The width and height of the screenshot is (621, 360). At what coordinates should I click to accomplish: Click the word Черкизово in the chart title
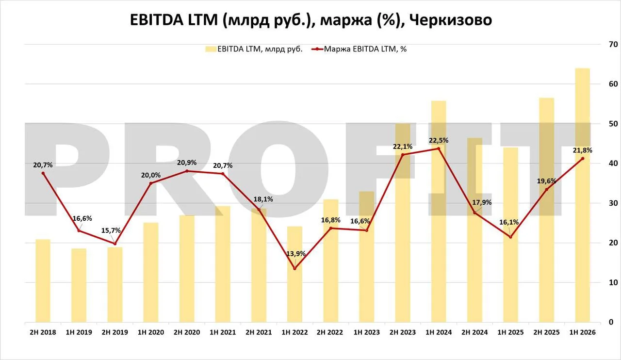(x=451, y=20)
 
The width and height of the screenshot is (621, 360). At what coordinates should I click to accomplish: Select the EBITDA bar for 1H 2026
(x=583, y=195)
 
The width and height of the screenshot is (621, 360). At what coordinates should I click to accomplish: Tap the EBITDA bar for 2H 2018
(x=43, y=281)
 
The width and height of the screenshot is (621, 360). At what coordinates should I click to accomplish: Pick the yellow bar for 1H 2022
(x=294, y=274)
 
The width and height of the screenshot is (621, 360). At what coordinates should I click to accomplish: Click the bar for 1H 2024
(x=439, y=212)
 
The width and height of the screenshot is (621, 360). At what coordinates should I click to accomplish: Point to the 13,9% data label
(x=296, y=254)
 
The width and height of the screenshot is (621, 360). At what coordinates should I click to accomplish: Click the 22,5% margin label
(x=439, y=141)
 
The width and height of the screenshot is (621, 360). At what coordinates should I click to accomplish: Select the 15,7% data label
(x=111, y=230)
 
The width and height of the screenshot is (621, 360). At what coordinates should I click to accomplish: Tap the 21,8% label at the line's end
(x=583, y=150)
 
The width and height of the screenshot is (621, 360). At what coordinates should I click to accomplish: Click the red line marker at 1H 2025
(x=511, y=237)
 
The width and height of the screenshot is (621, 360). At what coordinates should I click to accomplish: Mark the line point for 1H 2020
(x=151, y=183)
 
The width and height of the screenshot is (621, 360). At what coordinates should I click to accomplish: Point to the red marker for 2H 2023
(x=403, y=155)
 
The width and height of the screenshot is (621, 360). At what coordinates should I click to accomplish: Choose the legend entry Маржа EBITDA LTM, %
(x=359, y=49)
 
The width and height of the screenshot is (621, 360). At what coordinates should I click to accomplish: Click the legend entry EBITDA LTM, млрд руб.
(x=254, y=49)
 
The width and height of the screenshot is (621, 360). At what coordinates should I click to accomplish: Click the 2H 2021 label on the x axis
(x=259, y=332)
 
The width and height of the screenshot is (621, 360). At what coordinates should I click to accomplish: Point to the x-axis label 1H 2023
(x=366, y=332)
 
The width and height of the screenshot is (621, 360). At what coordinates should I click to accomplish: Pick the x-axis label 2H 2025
(x=546, y=332)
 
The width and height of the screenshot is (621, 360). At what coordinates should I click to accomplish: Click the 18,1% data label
(x=263, y=199)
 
